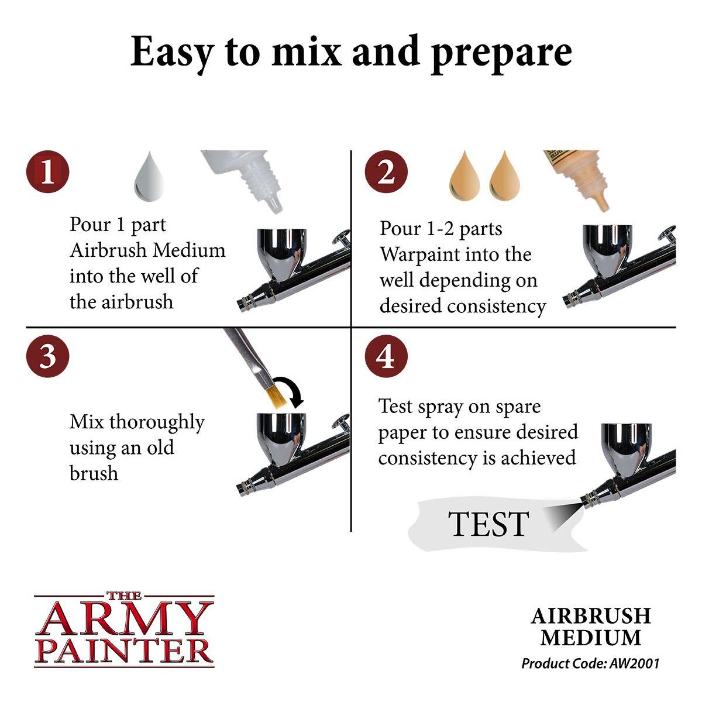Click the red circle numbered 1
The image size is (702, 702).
click(x=47, y=172)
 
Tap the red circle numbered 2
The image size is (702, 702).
click(x=386, y=172)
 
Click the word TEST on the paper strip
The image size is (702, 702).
click(x=488, y=524)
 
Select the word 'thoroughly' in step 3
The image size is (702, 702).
click(x=157, y=422)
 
